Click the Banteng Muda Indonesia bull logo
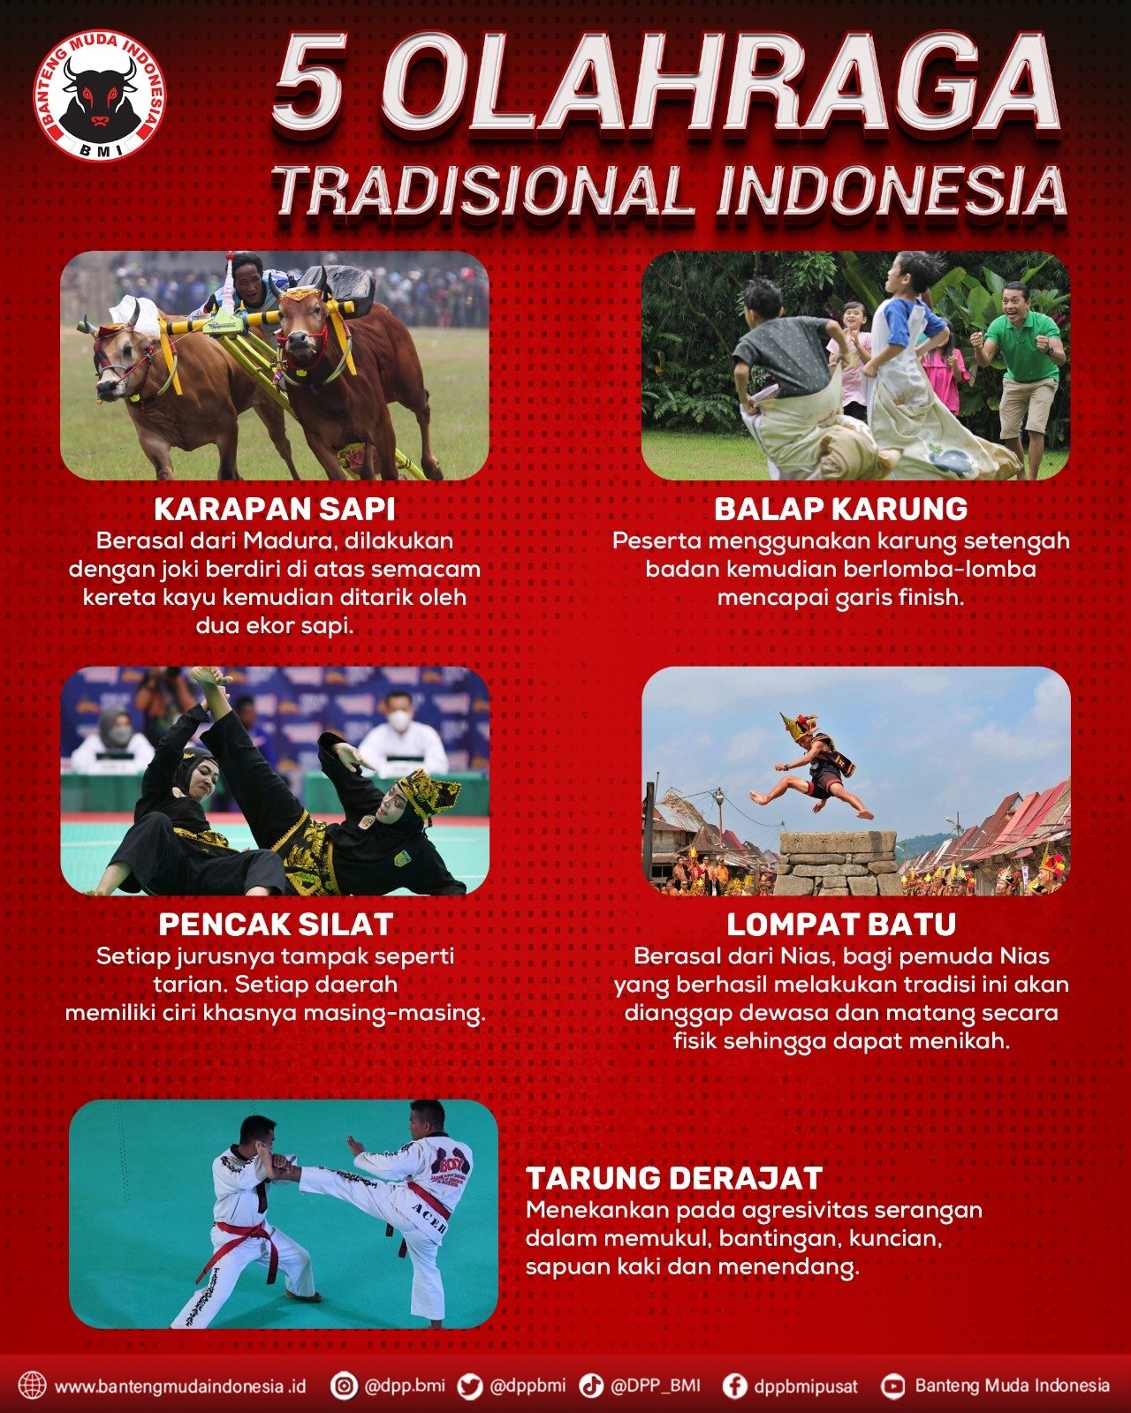tap(100, 96)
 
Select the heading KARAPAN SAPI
tap(275, 509)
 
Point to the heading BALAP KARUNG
tap(841, 509)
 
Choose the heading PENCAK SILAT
tap(276, 925)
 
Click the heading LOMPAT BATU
tap(842, 925)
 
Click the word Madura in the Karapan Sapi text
tap(284, 541)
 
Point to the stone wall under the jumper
tap(838, 863)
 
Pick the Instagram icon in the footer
tap(343, 1387)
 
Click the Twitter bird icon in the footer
tap(469, 1387)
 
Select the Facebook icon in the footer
tap(735, 1387)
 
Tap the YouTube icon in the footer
tap(892, 1387)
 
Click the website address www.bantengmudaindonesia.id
tap(180, 1387)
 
